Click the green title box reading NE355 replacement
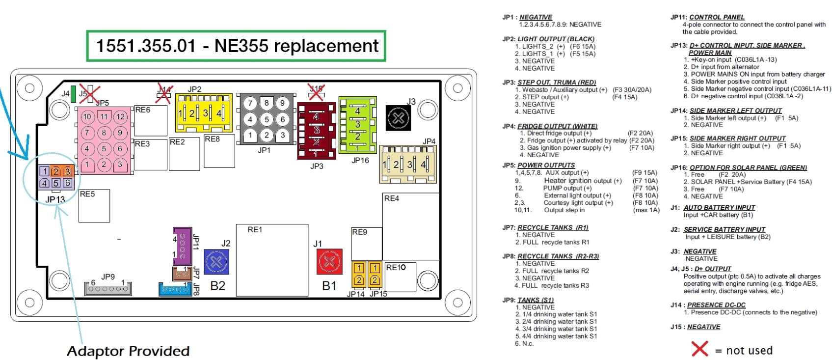[x=236, y=46]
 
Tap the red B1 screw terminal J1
[x=330, y=261]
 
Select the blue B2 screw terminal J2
[x=216, y=262]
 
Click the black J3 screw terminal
[x=398, y=118]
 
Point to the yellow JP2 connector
[x=204, y=113]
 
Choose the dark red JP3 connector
[x=317, y=131]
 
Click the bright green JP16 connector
[x=357, y=125]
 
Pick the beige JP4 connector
[x=408, y=164]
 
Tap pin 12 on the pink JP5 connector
[x=120, y=117]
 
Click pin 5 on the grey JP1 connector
[x=267, y=119]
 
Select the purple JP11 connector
[x=182, y=246]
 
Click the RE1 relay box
[x=272, y=260]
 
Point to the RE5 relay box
[x=94, y=206]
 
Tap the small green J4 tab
[x=74, y=93]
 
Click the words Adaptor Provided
[x=128, y=351]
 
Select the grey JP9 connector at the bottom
[x=108, y=289]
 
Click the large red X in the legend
[x=699, y=349]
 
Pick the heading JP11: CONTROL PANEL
[x=707, y=17]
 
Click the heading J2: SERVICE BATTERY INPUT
[x=718, y=229]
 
